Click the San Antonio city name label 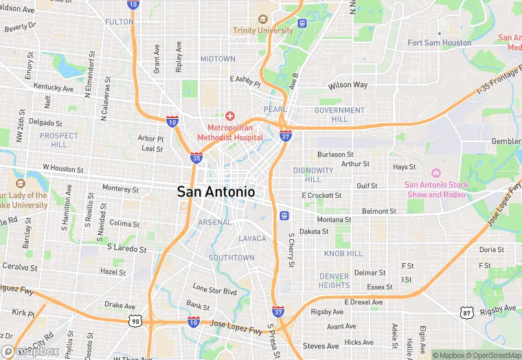[216, 192]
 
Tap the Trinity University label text [262, 30]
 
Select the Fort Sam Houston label [440, 43]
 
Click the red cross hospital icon [230, 115]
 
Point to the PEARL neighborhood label [275, 110]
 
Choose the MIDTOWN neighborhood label [218, 59]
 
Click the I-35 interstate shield [196, 158]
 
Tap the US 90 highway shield [135, 320]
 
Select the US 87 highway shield [467, 313]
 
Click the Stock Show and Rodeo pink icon [435, 172]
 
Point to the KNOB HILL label [343, 254]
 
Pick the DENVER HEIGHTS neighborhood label [334, 280]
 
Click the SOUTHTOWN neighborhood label [231, 258]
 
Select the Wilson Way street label [348, 85]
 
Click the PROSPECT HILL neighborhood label [59, 140]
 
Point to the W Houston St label [63, 168]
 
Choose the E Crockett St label [321, 196]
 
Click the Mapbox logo [30, 351]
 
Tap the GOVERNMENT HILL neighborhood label [339, 114]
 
